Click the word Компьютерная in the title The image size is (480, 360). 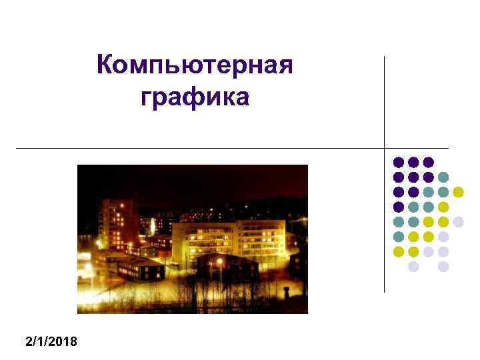(195, 67)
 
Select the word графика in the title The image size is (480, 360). (195, 98)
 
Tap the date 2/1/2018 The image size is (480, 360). (51, 342)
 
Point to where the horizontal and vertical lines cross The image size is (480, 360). (385, 147)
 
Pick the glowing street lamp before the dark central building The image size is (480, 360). (220, 262)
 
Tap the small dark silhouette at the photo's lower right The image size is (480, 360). (285, 293)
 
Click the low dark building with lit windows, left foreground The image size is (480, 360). (140, 268)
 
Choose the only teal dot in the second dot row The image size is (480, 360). (443, 177)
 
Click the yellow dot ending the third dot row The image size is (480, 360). (458, 192)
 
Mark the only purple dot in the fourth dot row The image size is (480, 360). (399, 207)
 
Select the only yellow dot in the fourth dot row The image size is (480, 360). (443, 207)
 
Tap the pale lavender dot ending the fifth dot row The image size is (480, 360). (458, 221)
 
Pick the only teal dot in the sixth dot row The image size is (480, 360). (399, 237)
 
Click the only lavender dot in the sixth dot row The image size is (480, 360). (443, 237)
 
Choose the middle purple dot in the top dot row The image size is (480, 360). (413, 162)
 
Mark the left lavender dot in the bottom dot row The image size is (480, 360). (413, 266)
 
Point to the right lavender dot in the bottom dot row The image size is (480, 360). (443, 266)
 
